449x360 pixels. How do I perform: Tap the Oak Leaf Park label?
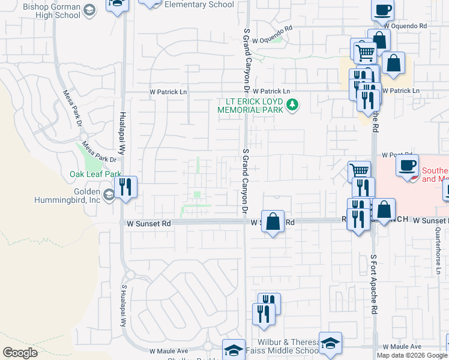click(95, 174)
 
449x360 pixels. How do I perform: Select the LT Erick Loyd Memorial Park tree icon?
click(292, 106)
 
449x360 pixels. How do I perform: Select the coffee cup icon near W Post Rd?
click(408, 164)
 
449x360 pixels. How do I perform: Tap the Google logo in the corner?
click(20, 352)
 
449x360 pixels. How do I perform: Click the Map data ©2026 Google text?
click(412, 355)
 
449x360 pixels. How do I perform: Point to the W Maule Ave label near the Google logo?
click(169, 350)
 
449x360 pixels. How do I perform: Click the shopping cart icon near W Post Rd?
click(359, 170)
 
